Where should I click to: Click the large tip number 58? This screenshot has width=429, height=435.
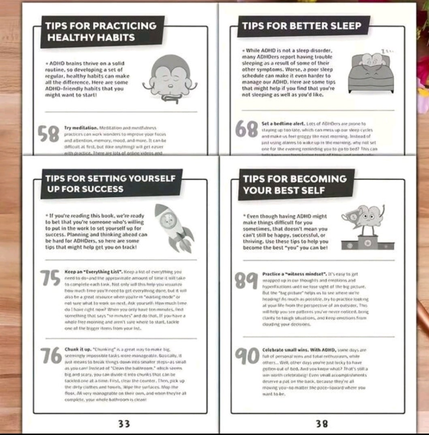[49, 134]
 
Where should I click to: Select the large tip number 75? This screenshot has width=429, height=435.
[50, 278]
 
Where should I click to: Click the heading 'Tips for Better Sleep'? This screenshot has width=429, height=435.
[301, 26]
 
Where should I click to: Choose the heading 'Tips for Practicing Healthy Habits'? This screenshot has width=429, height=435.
[102, 31]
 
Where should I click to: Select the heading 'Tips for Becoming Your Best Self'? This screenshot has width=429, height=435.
[295, 185]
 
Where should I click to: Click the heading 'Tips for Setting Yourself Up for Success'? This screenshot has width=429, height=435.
[111, 184]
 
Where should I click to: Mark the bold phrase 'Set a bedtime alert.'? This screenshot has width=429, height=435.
[284, 124]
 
